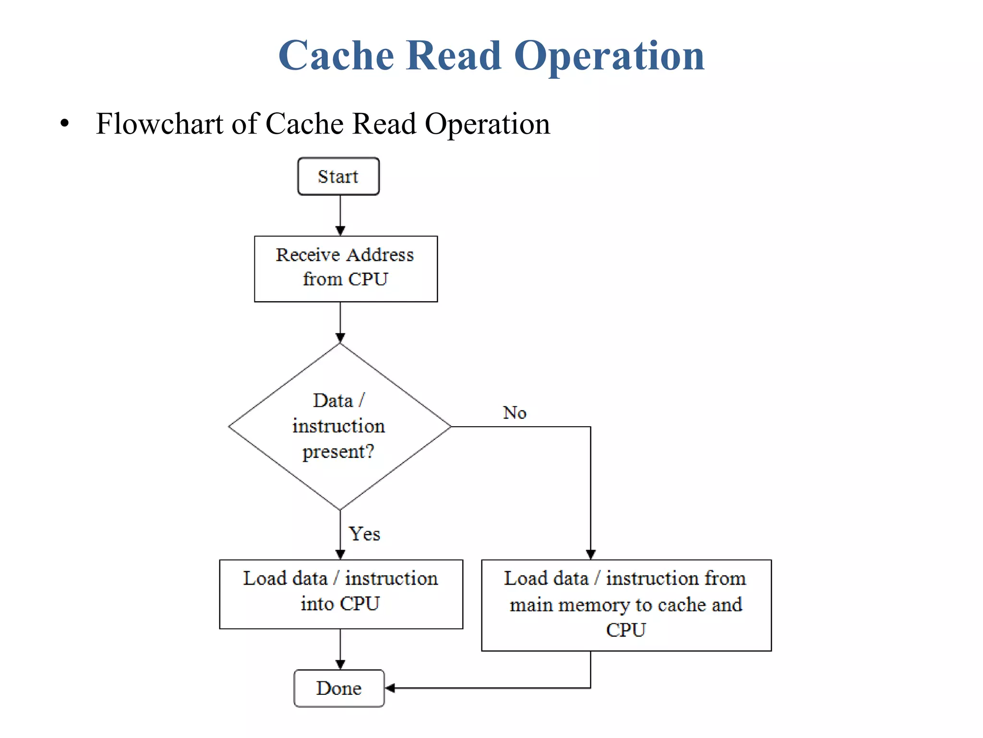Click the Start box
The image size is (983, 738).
[338, 176]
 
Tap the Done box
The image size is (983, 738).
[339, 688]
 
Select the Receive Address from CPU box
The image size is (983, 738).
[346, 269]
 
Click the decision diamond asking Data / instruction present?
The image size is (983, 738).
[339, 426]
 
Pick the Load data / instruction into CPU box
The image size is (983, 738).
[341, 594]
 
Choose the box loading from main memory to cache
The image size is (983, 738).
[626, 605]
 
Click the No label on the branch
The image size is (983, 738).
[515, 413]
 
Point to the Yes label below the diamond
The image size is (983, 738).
[364, 534]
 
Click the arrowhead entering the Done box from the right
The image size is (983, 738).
[390, 688]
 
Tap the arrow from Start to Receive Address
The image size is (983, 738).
[340, 215]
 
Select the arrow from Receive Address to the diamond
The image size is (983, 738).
[340, 322]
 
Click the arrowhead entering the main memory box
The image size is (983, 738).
[590, 554]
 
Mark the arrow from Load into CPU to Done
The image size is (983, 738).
[340, 649]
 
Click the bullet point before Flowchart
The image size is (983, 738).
[65, 124]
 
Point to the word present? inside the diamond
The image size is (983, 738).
[338, 452]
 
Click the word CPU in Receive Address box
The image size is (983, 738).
[368, 279]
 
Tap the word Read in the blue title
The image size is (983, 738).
[454, 56]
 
